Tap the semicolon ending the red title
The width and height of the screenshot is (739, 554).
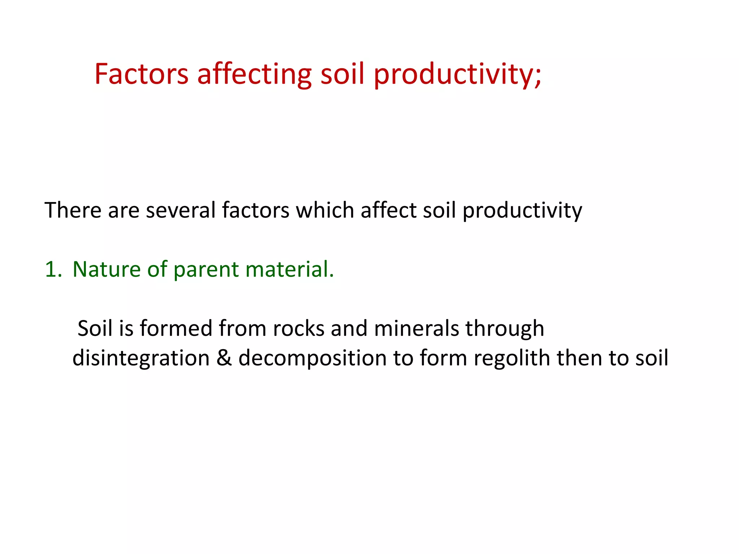(x=538, y=78)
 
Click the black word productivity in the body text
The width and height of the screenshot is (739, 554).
(x=522, y=211)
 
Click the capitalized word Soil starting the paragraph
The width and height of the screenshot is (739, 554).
(x=95, y=329)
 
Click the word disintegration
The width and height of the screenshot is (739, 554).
(x=141, y=359)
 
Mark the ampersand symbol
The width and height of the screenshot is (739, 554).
(x=224, y=358)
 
